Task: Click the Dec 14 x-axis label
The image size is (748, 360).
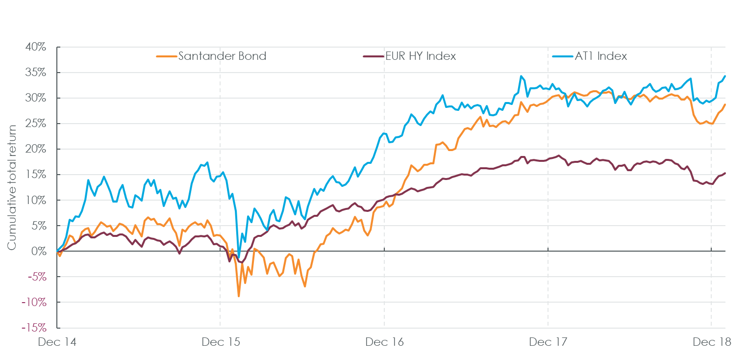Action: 57,342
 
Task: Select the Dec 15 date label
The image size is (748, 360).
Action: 221,342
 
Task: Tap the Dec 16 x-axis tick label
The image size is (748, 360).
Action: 384,342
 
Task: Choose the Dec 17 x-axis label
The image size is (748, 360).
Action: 548,342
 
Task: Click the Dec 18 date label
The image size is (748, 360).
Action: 711,342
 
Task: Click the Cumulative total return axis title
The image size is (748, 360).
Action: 12,187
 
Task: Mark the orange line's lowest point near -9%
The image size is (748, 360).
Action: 239,296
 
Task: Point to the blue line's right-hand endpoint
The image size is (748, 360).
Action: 725,76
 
